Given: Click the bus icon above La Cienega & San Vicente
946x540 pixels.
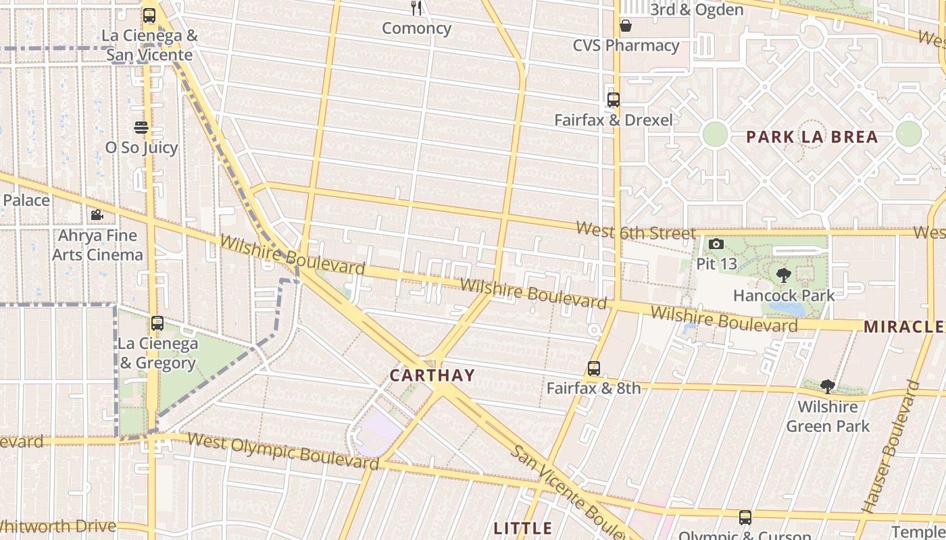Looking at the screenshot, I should click(x=149, y=15).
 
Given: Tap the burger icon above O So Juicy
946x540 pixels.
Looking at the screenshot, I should click(x=141, y=127).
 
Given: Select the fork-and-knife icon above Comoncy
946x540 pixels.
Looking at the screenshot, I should click(x=416, y=8).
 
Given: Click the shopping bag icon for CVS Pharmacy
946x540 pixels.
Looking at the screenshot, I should click(x=626, y=26).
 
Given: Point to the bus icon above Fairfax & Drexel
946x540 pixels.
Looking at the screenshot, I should click(x=614, y=100).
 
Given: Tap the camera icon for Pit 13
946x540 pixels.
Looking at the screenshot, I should click(x=716, y=244).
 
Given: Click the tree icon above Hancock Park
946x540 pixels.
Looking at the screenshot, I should click(x=784, y=275).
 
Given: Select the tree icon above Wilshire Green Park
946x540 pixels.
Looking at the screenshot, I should click(x=828, y=387).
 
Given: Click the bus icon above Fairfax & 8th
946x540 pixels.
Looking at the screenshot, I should click(x=594, y=369).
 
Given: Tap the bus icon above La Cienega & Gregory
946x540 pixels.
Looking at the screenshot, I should click(x=157, y=323).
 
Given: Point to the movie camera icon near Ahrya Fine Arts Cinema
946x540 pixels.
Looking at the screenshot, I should click(x=97, y=215).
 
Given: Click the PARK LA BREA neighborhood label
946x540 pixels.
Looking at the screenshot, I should click(x=812, y=137).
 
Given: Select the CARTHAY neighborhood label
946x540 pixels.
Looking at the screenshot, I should click(x=432, y=375).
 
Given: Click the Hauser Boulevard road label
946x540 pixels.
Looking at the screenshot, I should click(x=891, y=447).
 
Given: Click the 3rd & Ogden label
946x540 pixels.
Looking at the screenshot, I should click(x=697, y=9).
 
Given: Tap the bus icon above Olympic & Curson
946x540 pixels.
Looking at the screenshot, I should click(x=745, y=518).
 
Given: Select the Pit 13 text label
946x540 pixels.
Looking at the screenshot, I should click(x=716, y=263).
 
